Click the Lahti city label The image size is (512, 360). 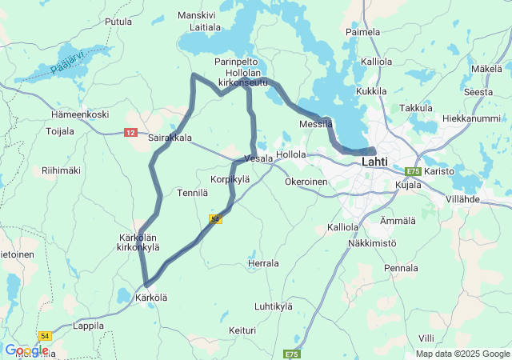point(374,162)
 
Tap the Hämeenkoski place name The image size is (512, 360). point(79,114)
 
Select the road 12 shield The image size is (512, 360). point(131,133)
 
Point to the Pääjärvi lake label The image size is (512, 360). point(67,62)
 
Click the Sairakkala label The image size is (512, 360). point(170,138)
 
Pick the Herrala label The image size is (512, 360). point(263,263)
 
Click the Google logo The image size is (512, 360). point(26,350)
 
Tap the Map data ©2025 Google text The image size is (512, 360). point(462,354)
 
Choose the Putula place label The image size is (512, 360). point(118,22)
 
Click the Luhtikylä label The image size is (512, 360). point(274,306)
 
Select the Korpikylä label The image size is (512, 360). point(230,179)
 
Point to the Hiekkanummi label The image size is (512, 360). point(470,118)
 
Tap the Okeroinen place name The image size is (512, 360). point(306,182)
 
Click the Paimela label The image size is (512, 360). point(362,32)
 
